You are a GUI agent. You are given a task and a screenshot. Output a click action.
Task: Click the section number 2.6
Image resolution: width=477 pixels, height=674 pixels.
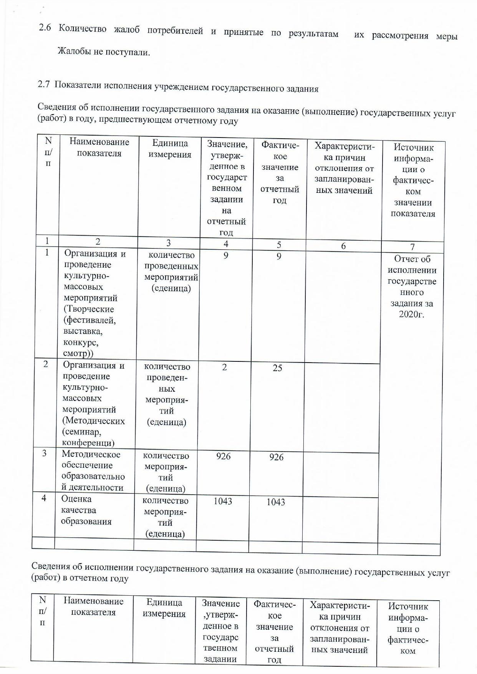45,28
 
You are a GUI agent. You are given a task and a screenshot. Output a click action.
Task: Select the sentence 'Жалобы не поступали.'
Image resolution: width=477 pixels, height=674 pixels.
104,51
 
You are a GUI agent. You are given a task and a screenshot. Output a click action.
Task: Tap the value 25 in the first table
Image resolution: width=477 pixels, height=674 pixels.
277,368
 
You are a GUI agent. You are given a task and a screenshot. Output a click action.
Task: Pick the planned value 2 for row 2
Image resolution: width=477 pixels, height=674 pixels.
224,367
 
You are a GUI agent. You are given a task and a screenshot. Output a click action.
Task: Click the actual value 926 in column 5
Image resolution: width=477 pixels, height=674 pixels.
277,457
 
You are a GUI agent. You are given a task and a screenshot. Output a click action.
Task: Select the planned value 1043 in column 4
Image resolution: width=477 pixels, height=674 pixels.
223,501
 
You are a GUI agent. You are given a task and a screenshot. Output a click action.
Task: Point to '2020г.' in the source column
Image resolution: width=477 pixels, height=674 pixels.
411,315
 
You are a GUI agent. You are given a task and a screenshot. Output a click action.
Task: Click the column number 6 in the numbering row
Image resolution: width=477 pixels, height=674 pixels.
343,246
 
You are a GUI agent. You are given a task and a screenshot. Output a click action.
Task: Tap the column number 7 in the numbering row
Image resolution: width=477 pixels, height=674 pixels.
412,247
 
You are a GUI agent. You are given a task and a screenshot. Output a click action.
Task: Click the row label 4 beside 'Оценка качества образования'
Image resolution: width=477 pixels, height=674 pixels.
44,498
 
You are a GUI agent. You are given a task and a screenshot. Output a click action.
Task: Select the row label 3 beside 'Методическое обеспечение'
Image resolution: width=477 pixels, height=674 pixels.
45,453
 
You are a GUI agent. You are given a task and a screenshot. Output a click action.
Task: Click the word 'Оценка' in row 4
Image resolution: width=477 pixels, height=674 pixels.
76,499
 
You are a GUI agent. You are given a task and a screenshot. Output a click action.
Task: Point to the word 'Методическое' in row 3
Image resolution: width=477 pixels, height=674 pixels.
91,454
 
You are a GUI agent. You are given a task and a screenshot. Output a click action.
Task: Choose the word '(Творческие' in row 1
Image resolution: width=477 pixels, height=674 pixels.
89,309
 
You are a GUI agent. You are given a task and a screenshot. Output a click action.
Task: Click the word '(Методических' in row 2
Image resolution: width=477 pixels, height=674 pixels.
93,421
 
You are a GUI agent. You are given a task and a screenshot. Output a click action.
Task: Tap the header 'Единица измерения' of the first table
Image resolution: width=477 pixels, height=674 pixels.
170,149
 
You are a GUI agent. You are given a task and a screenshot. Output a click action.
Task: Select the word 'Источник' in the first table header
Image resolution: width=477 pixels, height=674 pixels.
414,147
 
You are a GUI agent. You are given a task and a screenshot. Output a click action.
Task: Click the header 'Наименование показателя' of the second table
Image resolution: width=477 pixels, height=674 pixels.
93,606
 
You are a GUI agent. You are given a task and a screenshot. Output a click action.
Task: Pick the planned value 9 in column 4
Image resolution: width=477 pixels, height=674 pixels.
226,255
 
